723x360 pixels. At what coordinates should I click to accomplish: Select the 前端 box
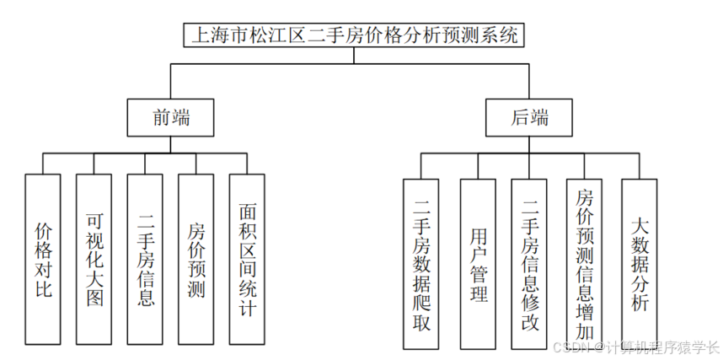(170, 118)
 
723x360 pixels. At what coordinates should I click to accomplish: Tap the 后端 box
(529, 118)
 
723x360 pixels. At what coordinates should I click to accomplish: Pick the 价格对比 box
(44, 261)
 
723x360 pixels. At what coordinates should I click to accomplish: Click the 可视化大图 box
(94, 261)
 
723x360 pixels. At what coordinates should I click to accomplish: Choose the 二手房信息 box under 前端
(146, 261)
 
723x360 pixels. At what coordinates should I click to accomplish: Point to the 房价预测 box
(196, 261)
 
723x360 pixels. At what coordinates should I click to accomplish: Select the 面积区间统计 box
(248, 261)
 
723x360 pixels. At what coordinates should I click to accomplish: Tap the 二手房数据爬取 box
(421, 266)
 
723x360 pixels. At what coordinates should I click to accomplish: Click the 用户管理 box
(478, 266)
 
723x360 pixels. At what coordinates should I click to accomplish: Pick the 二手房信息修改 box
(529, 266)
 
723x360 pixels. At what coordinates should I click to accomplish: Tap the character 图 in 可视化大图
(94, 298)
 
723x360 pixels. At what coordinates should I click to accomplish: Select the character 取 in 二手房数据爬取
(421, 320)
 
